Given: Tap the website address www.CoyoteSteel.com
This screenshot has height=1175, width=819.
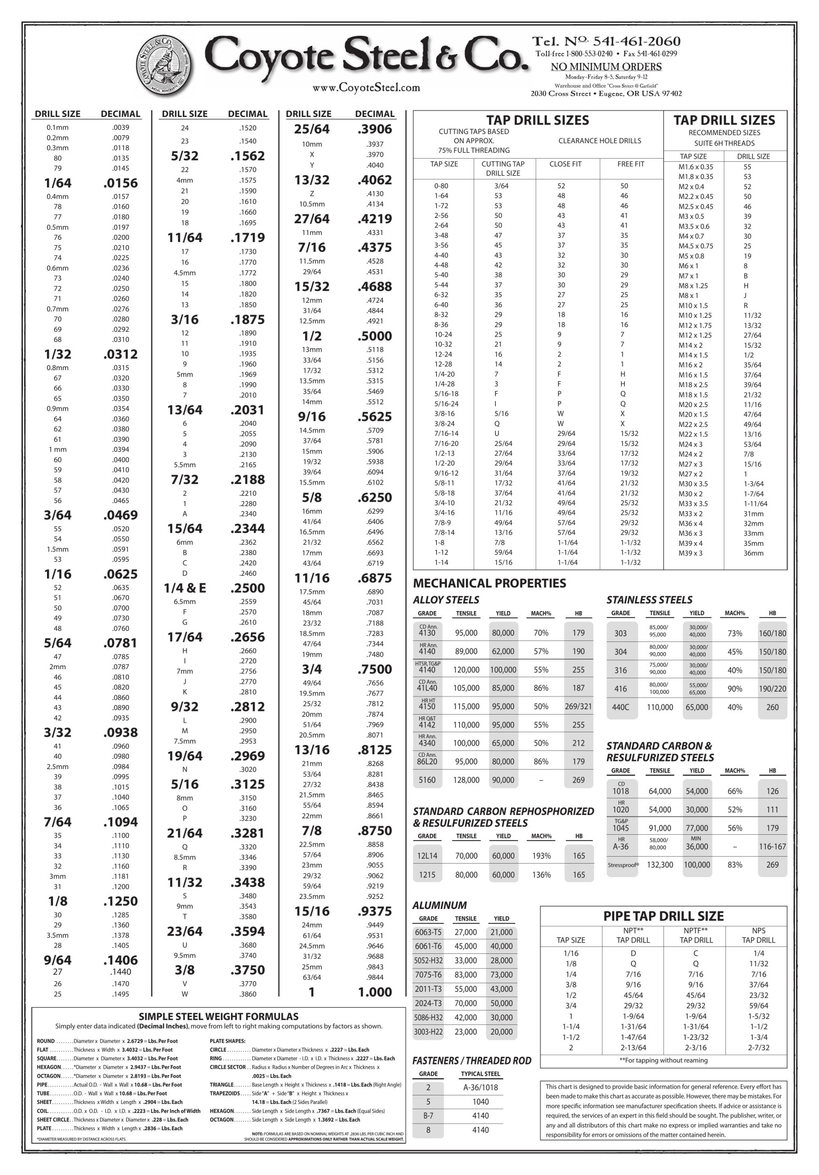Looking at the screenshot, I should (x=366, y=87).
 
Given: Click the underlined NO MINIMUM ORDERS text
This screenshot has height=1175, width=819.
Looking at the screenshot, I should (x=606, y=67).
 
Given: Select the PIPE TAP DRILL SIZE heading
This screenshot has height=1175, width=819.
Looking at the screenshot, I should (x=663, y=916).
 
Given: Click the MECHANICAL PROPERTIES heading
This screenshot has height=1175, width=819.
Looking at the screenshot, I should (x=489, y=583).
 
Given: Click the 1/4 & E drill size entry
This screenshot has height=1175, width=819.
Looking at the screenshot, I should (x=184, y=588).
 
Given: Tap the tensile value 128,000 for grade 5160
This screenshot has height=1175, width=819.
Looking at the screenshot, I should (x=466, y=780).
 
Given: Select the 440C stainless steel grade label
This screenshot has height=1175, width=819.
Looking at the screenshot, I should (x=620, y=707).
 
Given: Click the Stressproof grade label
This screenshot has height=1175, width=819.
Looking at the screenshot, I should (x=623, y=865).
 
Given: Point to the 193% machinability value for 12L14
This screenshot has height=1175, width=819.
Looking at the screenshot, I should (x=541, y=856).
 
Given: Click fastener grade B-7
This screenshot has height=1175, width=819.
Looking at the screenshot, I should (x=428, y=1116).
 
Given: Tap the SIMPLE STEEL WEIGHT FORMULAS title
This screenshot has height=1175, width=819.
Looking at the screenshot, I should (x=219, y=1016).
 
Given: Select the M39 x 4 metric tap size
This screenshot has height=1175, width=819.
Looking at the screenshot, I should (x=691, y=543).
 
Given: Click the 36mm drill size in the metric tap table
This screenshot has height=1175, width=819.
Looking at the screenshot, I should (x=753, y=553).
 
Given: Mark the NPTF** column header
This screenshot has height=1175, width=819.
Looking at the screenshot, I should (x=696, y=930).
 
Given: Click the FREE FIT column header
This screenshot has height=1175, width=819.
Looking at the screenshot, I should (x=631, y=164).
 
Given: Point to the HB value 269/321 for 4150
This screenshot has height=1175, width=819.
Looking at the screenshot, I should (x=578, y=706).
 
